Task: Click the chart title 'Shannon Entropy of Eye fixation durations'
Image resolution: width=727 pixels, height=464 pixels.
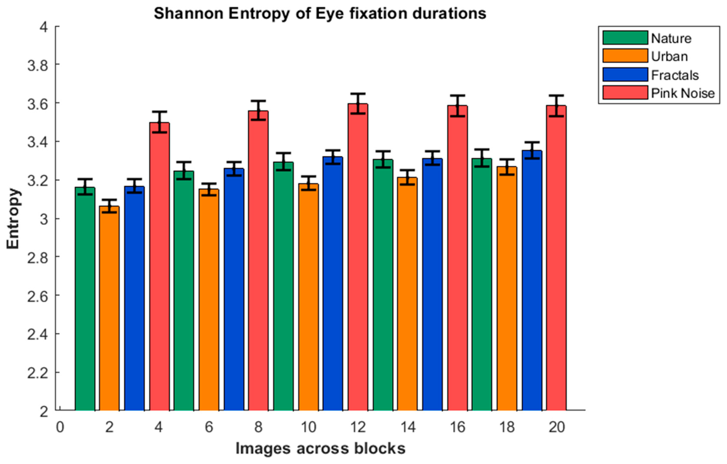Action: coord(320,14)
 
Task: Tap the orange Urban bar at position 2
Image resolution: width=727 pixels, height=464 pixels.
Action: coord(109,308)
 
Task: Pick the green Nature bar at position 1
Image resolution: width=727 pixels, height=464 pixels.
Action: coord(85,299)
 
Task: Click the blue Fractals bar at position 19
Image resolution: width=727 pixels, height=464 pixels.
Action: coord(532,281)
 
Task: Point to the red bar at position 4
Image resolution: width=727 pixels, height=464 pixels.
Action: coord(159,266)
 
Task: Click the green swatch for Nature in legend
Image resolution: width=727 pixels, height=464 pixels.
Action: coord(625,38)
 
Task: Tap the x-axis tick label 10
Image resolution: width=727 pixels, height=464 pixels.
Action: coord(308,427)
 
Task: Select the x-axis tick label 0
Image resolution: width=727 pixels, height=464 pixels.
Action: coord(60,427)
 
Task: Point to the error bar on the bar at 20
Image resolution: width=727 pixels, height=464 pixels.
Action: coord(556,106)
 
